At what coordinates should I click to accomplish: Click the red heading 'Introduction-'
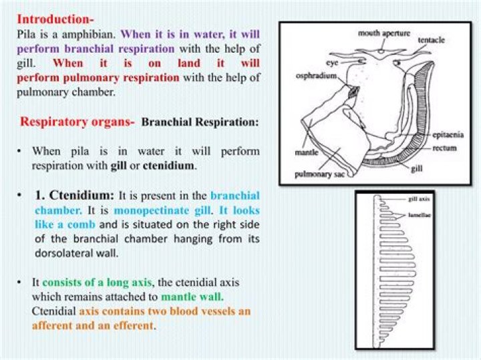[x=55, y=19]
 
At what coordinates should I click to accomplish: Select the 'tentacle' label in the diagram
[x=432, y=41]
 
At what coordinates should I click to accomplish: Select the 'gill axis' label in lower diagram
[x=420, y=199]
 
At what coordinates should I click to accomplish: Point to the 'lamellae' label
[x=420, y=216]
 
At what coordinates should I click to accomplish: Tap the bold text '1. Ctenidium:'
[x=75, y=196]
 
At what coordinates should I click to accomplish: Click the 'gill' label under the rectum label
[x=416, y=169]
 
